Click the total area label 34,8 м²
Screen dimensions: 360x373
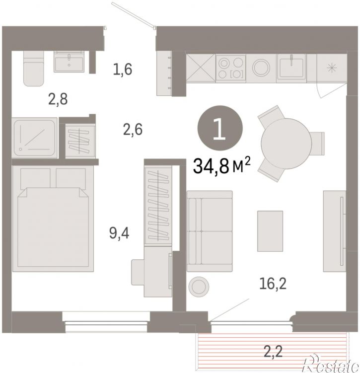click(222, 166)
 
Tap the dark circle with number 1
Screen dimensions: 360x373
click(220, 128)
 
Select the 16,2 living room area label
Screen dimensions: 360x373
click(273, 284)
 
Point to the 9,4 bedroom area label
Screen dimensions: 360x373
click(119, 233)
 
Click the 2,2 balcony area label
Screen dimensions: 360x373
click(273, 351)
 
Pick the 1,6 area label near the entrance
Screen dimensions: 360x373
click(123, 70)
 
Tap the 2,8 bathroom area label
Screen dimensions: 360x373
click(58, 99)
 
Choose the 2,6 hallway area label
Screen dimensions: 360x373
click(133, 130)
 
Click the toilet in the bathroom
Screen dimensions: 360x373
click(34, 69)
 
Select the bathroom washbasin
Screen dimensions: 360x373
click(69, 62)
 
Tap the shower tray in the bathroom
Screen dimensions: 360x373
click(35, 138)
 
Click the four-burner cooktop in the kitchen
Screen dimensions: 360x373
click(230, 68)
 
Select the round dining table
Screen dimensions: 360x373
click(287, 144)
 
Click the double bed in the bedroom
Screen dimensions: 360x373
click(53, 219)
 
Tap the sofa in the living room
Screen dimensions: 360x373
click(210, 231)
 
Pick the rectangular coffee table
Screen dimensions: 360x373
click(270, 231)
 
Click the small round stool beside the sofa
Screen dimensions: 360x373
click(199, 287)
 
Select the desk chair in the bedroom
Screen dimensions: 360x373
click(138, 272)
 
